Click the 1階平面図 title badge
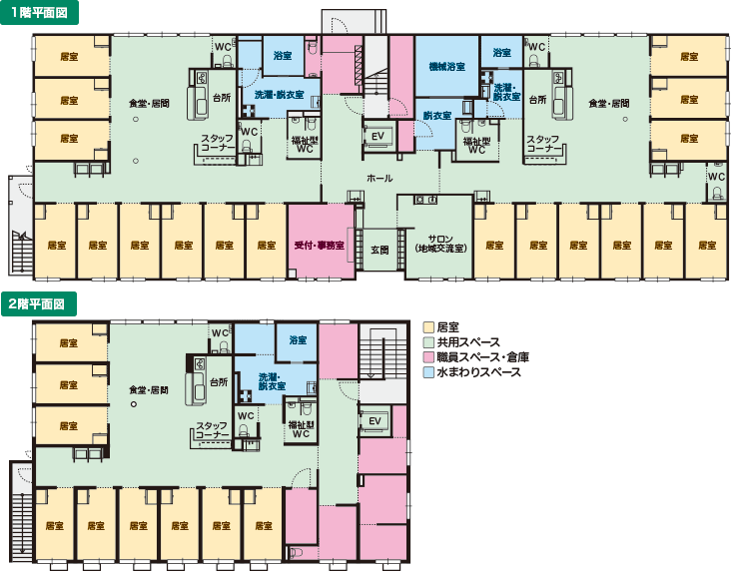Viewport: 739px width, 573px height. point(39,12)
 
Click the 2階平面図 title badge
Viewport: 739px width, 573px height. point(38,303)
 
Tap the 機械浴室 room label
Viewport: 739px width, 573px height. point(446,67)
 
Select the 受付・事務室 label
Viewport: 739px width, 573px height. point(320,246)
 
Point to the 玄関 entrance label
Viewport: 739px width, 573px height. point(379,250)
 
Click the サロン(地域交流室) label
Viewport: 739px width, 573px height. point(440,244)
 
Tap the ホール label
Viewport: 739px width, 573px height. point(379,178)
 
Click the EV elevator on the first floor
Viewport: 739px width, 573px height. point(377,136)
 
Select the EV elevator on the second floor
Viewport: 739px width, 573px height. point(374,421)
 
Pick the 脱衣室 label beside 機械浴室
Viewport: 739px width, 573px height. point(436,116)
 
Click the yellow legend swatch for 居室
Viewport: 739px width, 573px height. point(428,327)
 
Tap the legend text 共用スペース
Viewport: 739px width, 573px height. point(468,342)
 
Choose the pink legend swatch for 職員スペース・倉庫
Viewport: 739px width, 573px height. point(428,357)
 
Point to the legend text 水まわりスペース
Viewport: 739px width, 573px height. point(478,372)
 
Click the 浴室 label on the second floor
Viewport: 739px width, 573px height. point(298,339)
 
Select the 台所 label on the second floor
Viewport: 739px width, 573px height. point(219,382)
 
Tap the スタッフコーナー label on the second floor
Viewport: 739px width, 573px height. point(212,429)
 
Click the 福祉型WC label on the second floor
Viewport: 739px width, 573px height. point(301,429)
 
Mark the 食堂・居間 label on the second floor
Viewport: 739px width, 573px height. point(149,390)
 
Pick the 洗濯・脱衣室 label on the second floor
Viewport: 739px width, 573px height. point(272,381)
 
